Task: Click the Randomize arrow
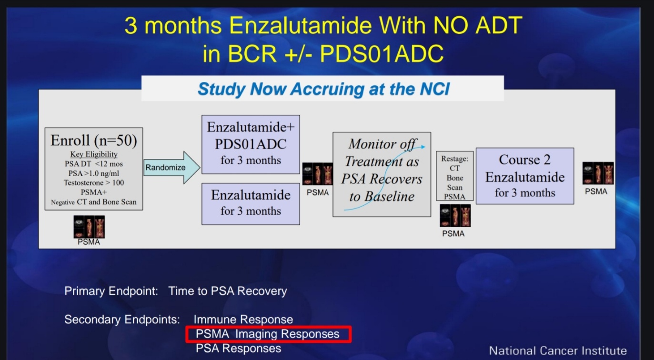(171, 167)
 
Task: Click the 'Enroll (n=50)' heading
(94, 140)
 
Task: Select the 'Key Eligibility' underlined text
(94, 154)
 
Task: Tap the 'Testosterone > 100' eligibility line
(94, 183)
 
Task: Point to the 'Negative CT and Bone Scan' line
(94, 202)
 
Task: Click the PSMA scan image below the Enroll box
(89, 227)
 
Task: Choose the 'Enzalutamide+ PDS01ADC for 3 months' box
(251, 145)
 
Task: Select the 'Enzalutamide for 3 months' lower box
(251, 204)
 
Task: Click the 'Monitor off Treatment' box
(382, 174)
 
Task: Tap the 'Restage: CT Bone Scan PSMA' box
(454, 176)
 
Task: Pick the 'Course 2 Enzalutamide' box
(525, 176)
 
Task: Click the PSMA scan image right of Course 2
(598, 173)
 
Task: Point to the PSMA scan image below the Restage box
(455, 215)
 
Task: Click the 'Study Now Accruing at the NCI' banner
(322, 89)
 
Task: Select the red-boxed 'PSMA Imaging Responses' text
(267, 334)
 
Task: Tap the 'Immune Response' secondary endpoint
(243, 320)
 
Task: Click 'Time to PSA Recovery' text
(228, 291)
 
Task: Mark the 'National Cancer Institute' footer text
(558, 350)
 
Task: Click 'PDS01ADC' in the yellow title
(382, 54)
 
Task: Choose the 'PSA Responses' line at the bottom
(238, 348)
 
